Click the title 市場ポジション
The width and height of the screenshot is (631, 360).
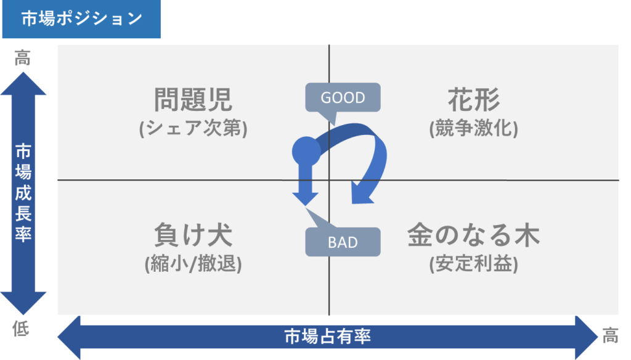(82, 19)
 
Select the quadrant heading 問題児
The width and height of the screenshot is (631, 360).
(193, 100)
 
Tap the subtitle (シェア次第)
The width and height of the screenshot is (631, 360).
(193, 128)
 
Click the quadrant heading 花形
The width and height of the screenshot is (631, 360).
(474, 100)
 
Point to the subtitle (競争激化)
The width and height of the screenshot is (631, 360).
(474, 128)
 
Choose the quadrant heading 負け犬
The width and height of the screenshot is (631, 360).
(193, 235)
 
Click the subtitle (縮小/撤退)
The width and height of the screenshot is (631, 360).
(193, 264)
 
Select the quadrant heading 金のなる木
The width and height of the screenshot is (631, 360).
(474, 235)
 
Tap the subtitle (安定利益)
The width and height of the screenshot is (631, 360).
(474, 264)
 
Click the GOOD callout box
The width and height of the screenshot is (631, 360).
(343, 97)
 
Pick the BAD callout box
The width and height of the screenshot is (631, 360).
(343, 242)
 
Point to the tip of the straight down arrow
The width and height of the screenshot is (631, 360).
(306, 206)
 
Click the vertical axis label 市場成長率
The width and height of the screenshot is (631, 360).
(23, 192)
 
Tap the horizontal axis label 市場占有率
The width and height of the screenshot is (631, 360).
(328, 337)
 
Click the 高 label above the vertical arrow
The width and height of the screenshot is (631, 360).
(23, 58)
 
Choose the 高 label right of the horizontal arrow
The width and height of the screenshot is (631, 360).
(610, 335)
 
